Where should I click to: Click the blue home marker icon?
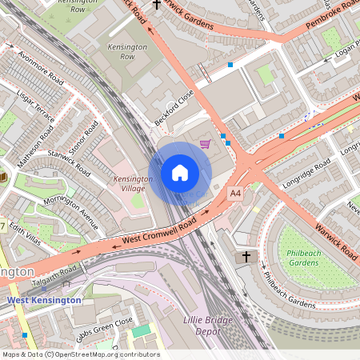pos(180,173)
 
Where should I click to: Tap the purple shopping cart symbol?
pos(206,144)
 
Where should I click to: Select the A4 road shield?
pos(235,194)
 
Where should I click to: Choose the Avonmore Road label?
pos(42,70)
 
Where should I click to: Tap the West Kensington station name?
pos(44,300)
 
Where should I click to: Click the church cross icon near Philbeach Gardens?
pos(246,257)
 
